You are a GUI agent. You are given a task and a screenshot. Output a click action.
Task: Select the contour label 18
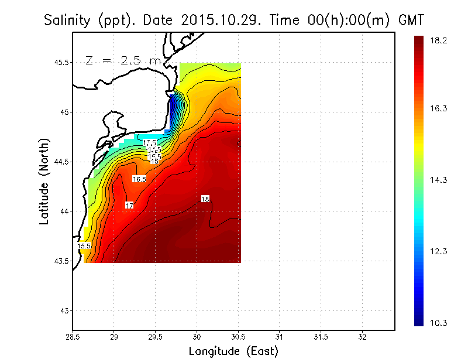point(205,199)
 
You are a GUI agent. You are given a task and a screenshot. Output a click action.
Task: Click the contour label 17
point(129,205)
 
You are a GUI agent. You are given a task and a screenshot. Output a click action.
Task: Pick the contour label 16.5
point(139,179)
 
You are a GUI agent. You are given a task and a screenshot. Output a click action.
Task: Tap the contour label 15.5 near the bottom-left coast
point(84,246)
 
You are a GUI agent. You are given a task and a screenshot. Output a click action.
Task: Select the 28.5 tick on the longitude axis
point(73,337)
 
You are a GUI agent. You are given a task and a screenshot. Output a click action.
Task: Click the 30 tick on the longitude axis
point(197,337)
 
